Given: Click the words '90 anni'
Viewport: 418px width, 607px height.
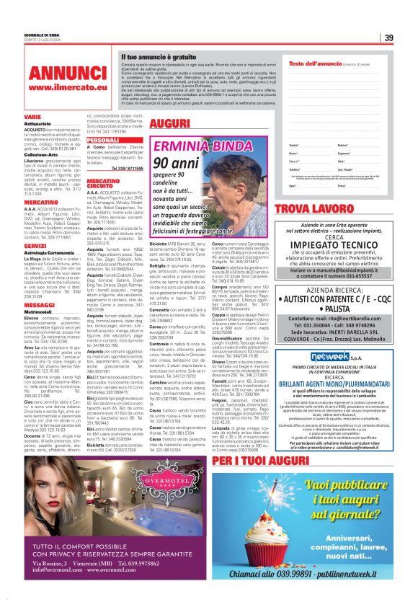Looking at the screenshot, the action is pos(174,164).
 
